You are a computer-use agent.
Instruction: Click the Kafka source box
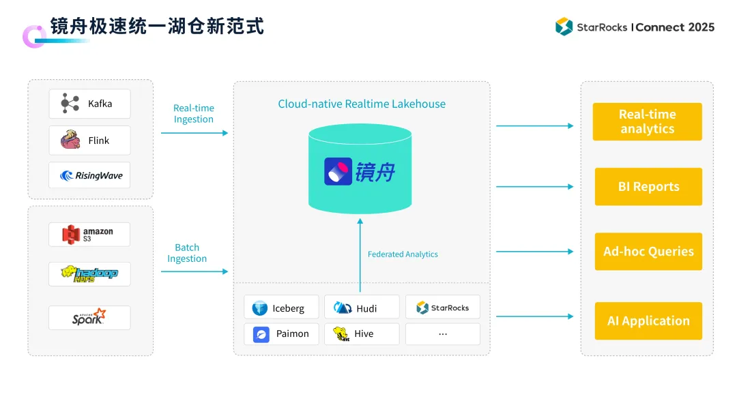(89, 104)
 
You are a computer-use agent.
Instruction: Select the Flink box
(89, 141)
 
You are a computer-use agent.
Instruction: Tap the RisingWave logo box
(89, 175)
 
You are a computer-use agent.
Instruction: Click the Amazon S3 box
(89, 235)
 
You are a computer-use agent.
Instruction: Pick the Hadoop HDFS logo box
(89, 273)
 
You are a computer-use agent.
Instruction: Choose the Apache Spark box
(89, 318)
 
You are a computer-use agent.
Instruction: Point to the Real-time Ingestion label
(193, 114)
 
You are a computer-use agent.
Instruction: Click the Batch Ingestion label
(187, 253)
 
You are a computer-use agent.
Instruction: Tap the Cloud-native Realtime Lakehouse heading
(362, 104)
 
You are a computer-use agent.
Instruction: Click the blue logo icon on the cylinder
(338, 172)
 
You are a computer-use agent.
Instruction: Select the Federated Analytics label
(403, 254)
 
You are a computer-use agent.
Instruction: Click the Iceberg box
(281, 308)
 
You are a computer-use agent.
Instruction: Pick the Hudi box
(362, 308)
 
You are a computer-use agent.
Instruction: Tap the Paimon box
(281, 334)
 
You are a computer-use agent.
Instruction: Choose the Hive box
(362, 334)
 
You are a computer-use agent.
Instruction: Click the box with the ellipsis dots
(442, 334)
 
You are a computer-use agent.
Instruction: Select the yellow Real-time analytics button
(647, 122)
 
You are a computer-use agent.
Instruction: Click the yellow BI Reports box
(648, 187)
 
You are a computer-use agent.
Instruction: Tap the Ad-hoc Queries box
(648, 252)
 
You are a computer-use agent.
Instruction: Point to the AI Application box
(648, 321)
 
